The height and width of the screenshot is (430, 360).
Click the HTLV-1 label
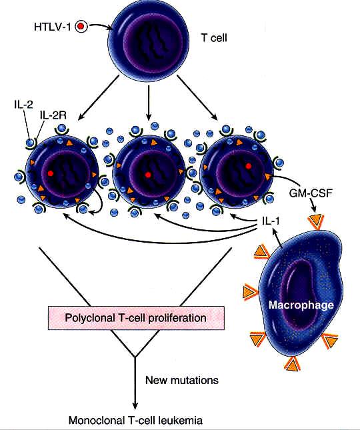coord(52,27)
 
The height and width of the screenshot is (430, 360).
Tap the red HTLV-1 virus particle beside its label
coord(81,26)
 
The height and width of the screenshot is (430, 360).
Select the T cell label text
coord(214,37)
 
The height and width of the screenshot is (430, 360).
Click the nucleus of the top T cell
coord(153,44)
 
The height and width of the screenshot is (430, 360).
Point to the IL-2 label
coord(23,105)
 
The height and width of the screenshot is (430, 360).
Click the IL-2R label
coord(53,115)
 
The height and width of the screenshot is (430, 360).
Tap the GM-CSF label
coord(311,193)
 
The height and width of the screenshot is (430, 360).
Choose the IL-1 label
coord(271,221)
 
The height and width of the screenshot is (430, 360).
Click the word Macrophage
coord(301,305)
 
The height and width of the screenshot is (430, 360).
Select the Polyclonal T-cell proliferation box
coord(136,318)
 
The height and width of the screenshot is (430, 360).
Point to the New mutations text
coord(182,380)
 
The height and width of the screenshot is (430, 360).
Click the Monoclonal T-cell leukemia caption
coord(135,421)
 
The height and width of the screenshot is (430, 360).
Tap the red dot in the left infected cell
coord(51,173)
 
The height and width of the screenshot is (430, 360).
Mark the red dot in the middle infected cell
coord(148,175)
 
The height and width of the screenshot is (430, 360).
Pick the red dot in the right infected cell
coord(249,166)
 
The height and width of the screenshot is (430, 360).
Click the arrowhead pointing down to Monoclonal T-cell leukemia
coord(135,405)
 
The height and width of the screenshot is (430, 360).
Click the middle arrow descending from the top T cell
coord(148,103)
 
